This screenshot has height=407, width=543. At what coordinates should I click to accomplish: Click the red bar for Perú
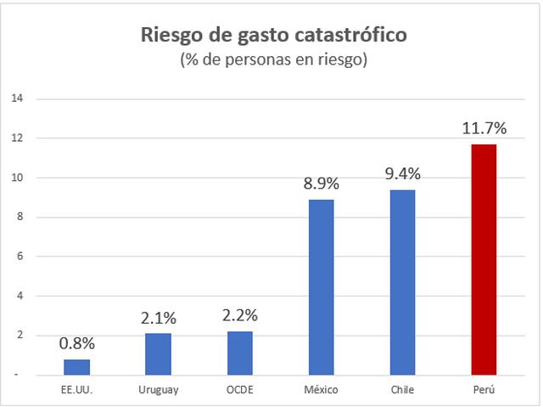tap(484, 259)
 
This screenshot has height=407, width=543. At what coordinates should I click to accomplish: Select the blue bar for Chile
tap(402, 281)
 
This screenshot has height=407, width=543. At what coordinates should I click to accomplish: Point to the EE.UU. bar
tap(76, 366)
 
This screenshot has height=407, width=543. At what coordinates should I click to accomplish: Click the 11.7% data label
tap(484, 129)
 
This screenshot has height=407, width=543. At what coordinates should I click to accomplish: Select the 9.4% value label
tap(402, 174)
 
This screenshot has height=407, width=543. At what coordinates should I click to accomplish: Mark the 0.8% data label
tap(76, 343)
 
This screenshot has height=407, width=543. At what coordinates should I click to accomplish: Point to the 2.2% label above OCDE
tap(239, 315)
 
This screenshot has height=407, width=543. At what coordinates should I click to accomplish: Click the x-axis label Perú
tap(484, 389)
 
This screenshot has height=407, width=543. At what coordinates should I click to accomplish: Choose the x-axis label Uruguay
tap(158, 389)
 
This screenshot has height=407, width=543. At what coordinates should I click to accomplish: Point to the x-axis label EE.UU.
tap(76, 389)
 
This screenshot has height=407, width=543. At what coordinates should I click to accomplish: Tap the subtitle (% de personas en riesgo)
tap(272, 61)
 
